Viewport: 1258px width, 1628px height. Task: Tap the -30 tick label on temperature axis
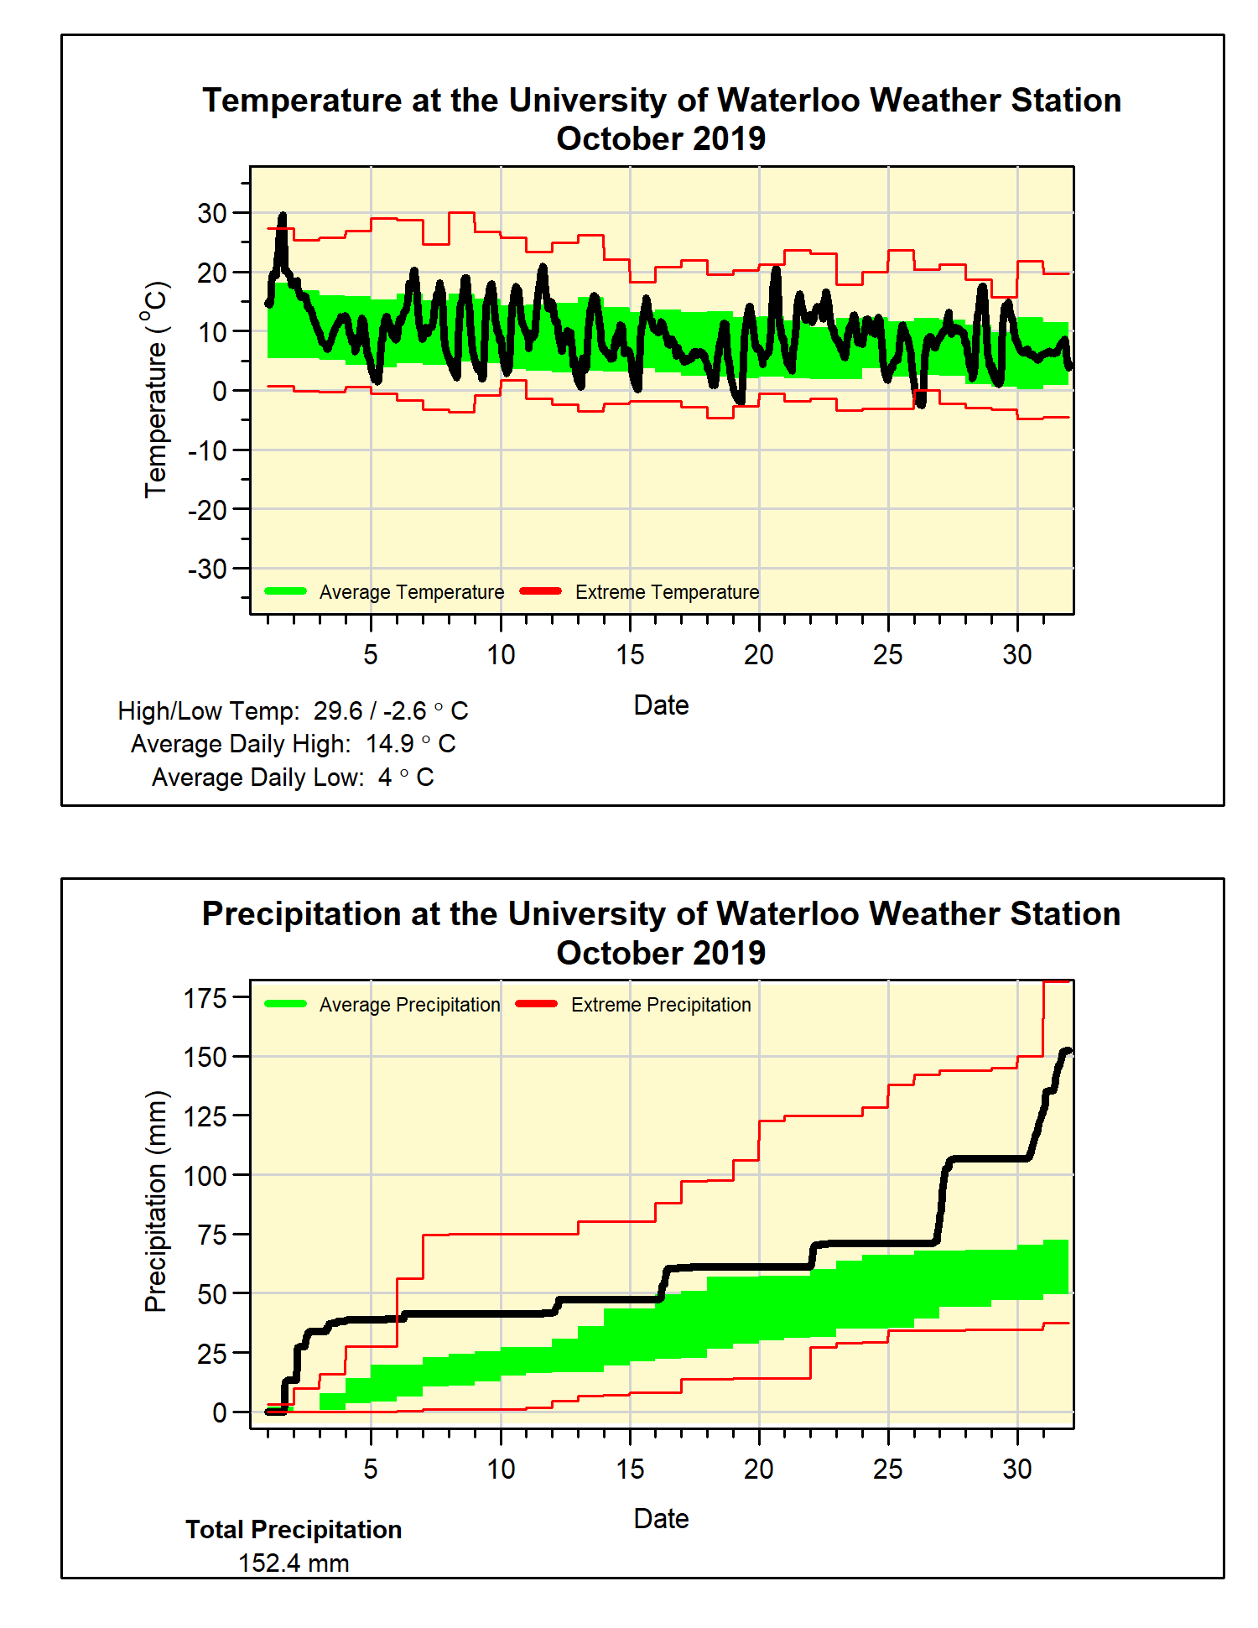click(207, 570)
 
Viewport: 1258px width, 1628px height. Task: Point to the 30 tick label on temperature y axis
click(212, 214)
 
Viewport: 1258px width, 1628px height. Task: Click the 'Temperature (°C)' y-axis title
click(156, 390)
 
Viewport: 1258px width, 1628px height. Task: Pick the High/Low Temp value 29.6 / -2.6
click(370, 711)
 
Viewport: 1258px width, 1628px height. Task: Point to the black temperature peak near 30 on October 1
click(282, 217)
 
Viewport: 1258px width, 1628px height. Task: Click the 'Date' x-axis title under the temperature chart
click(661, 705)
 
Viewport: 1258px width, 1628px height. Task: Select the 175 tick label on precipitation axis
click(205, 998)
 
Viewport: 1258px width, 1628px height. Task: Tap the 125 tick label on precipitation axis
click(205, 1116)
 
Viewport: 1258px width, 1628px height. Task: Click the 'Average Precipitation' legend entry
click(409, 1005)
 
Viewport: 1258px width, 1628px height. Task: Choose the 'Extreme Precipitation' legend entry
click(661, 1005)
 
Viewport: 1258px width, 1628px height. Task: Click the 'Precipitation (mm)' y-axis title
click(156, 1201)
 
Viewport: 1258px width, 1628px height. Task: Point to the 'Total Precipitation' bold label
click(294, 1530)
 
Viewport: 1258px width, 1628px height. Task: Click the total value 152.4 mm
click(294, 1563)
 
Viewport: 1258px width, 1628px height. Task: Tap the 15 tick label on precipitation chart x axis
click(630, 1469)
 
